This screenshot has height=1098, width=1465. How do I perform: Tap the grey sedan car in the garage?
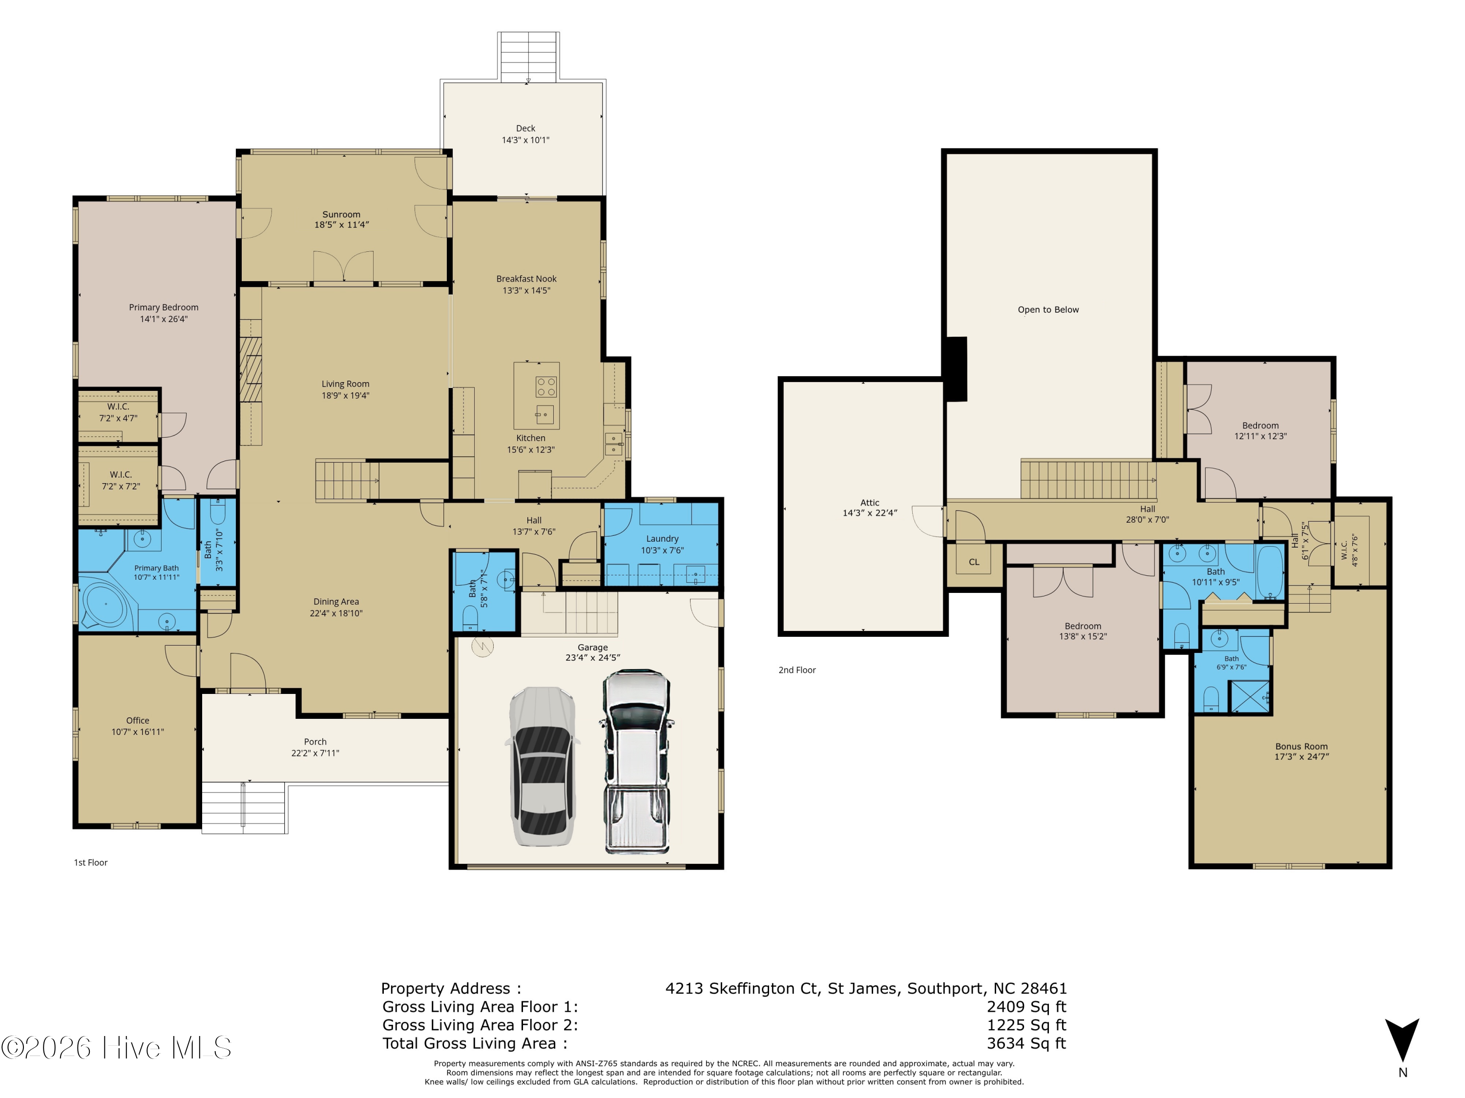pyautogui.click(x=541, y=767)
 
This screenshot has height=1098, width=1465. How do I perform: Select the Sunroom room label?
pyautogui.click(x=341, y=214)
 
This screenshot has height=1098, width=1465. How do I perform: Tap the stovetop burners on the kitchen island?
pyautogui.click(x=546, y=386)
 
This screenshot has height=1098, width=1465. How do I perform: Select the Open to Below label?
pyautogui.click(x=1048, y=310)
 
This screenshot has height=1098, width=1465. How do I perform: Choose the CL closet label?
pyautogui.click(x=974, y=562)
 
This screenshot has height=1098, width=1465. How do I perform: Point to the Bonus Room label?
pyautogui.click(x=1301, y=747)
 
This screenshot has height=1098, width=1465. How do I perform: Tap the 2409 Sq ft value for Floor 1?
pyautogui.click(x=1026, y=1007)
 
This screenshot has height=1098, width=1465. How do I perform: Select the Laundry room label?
pyautogui.click(x=662, y=539)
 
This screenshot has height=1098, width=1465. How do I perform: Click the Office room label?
pyautogui.click(x=138, y=720)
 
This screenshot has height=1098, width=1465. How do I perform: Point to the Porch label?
pyautogui.click(x=315, y=742)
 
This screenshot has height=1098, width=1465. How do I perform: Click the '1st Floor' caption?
pyautogui.click(x=91, y=862)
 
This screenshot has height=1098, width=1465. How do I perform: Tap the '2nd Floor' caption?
pyautogui.click(x=797, y=670)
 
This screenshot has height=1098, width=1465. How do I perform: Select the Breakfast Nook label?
pyautogui.click(x=526, y=279)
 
